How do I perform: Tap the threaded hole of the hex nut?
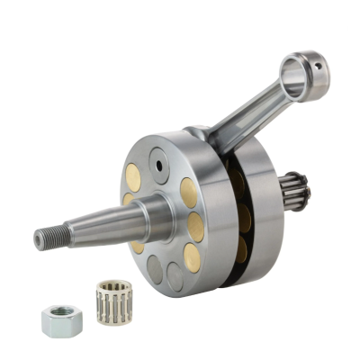pos(58,315)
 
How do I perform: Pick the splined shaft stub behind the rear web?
pos(294,215)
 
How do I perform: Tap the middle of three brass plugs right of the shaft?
pos(195,224)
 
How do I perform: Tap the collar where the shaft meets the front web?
pos(162,216)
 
